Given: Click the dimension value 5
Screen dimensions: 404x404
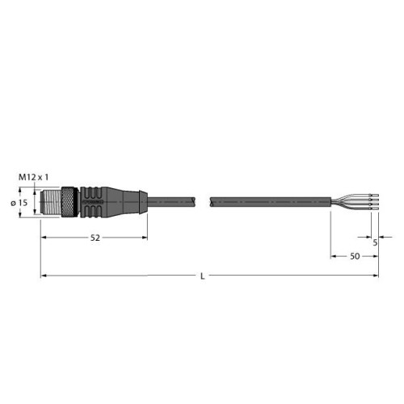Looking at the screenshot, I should pos(376,240).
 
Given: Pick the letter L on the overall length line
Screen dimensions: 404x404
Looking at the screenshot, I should pos(202,276).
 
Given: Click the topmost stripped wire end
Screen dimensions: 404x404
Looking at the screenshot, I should pos(368,193).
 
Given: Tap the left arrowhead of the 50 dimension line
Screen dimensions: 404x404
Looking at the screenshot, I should pos(334,257).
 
